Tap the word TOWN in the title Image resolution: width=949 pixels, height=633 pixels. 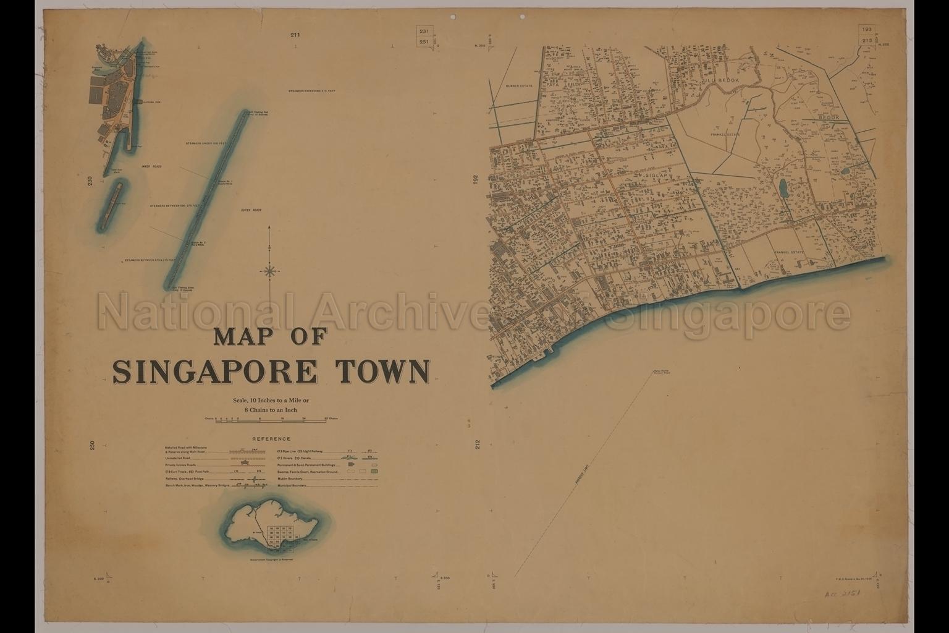pos(382,371)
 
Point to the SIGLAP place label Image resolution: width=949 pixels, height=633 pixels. pos(657,176)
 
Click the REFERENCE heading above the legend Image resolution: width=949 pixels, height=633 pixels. pos(271,439)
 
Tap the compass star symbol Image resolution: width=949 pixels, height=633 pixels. pos(270,270)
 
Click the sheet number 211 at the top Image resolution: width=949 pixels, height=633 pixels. pos(295,35)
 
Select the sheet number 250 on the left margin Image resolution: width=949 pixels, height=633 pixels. pos(91,446)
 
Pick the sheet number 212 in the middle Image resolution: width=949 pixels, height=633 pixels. pos(477,446)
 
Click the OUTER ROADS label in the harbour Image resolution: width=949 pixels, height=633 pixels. pos(251,210)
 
